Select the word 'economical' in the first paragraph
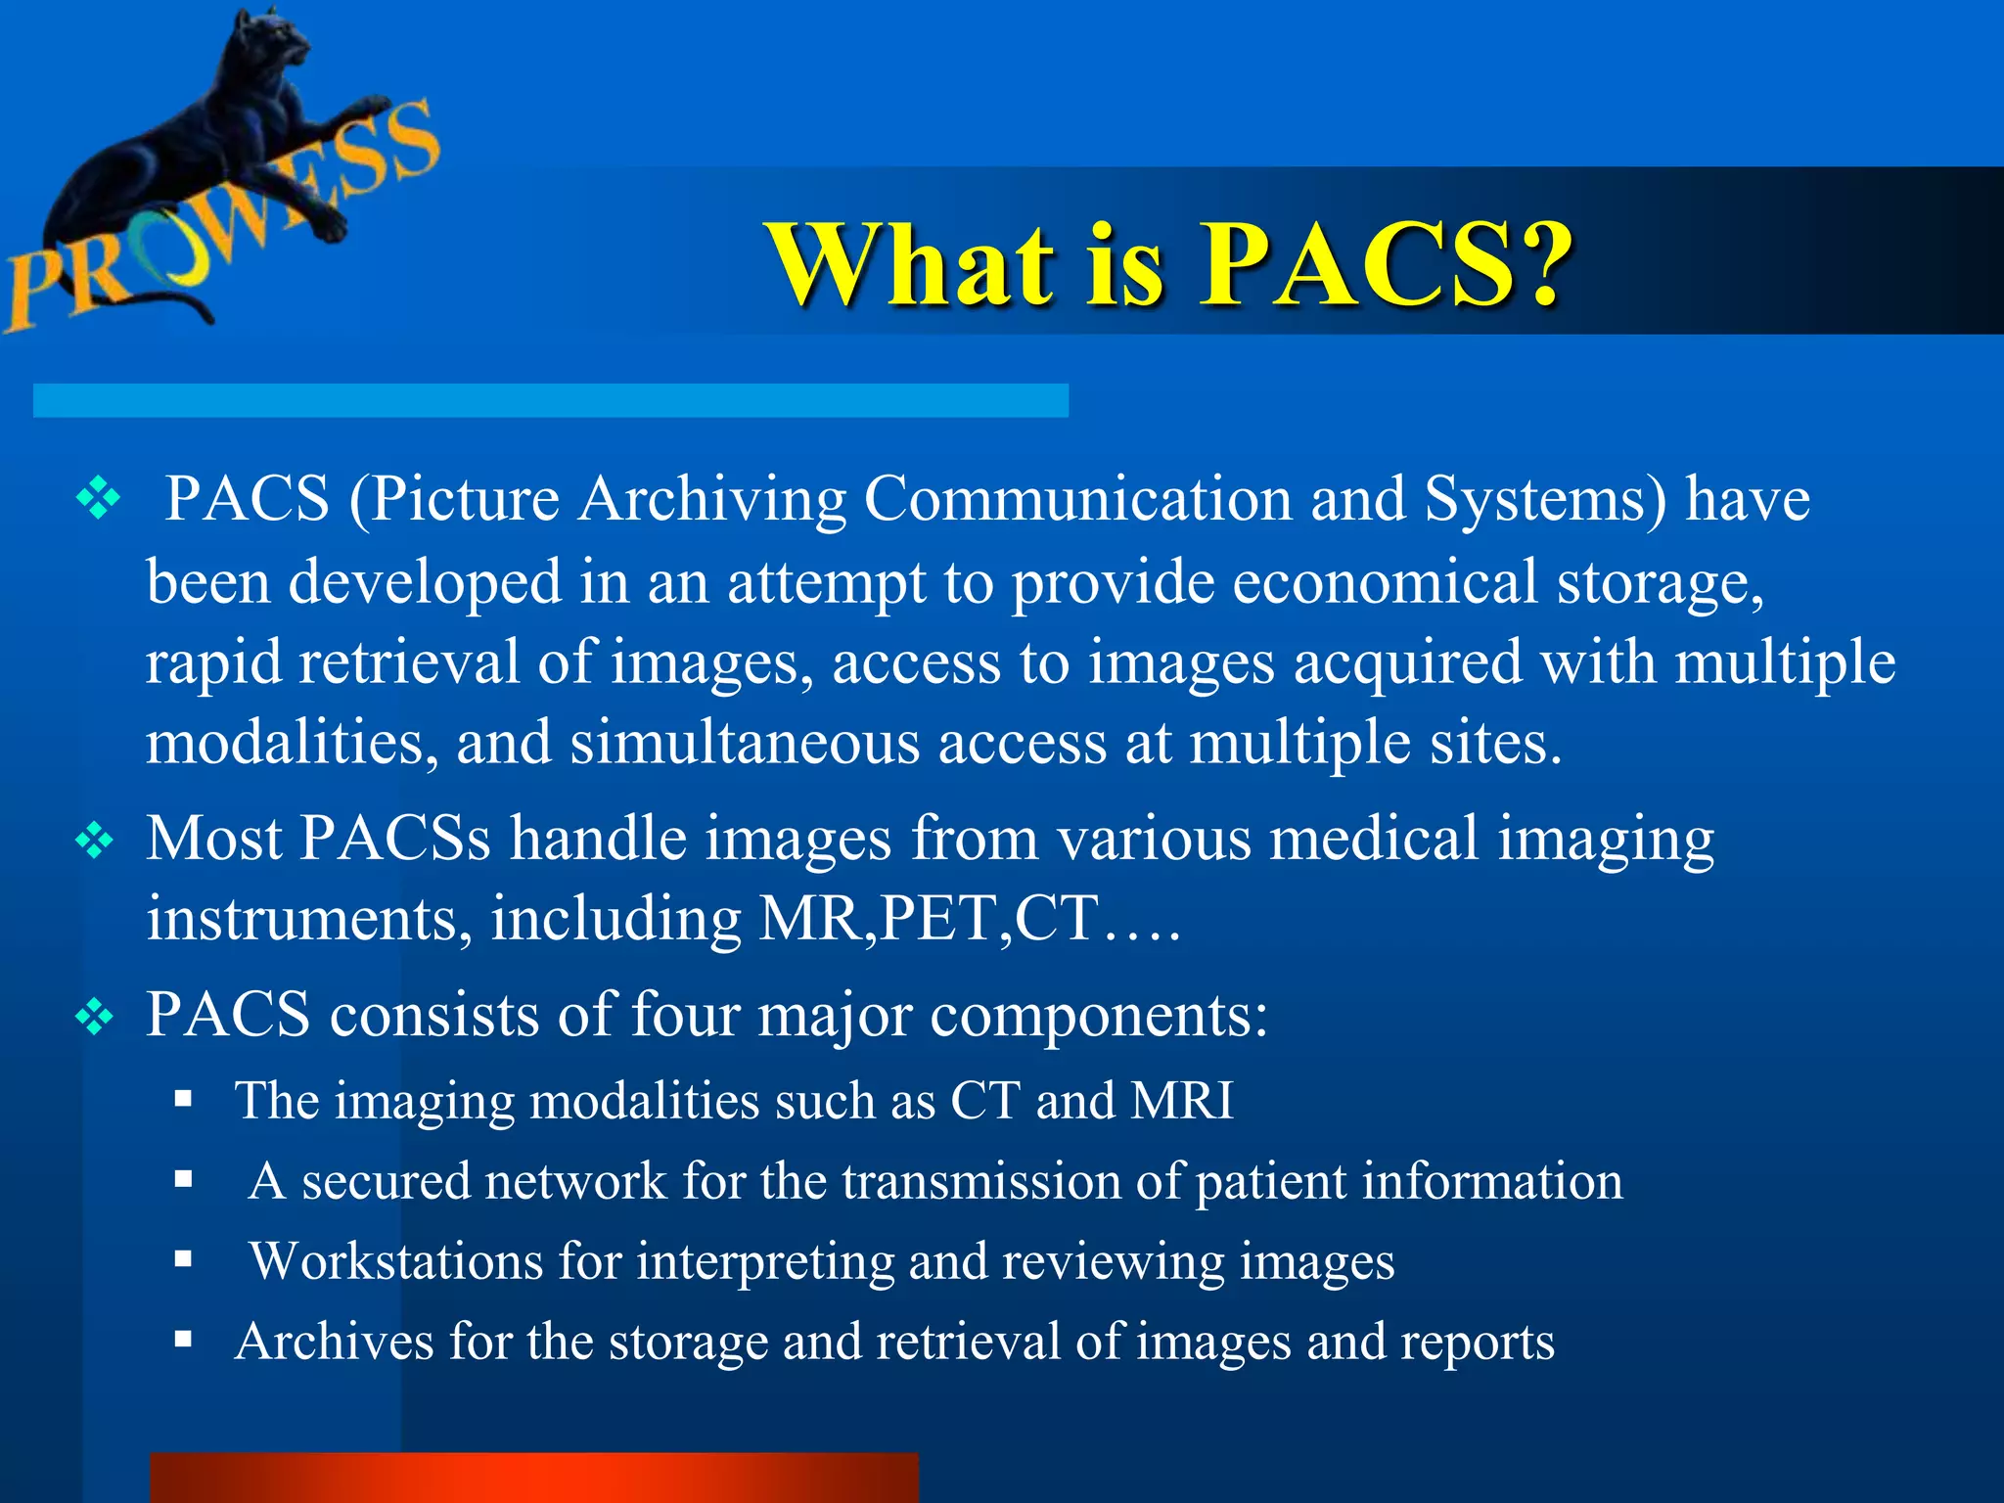(x=1384, y=581)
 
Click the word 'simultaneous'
(x=745, y=743)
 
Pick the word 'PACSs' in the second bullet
(x=394, y=839)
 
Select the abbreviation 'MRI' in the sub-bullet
(x=1182, y=1101)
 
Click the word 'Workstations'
(x=396, y=1261)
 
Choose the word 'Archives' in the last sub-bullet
(x=334, y=1342)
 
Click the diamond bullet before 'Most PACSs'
(x=95, y=841)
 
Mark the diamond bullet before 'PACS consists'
(x=95, y=1017)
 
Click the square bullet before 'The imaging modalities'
(x=183, y=1099)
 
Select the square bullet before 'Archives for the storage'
(x=183, y=1340)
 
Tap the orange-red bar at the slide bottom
(x=534, y=1478)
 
